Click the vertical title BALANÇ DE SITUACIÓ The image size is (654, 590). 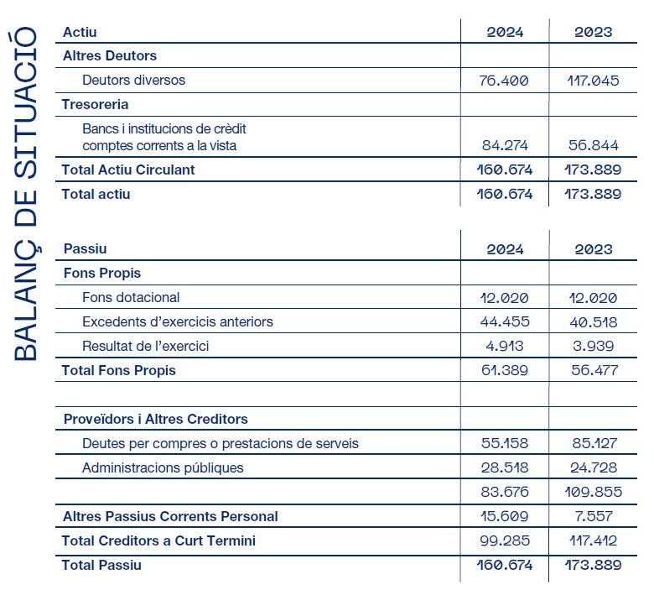[x=25, y=194]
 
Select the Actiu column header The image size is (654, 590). [x=80, y=32]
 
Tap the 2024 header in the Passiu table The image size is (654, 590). [x=505, y=249]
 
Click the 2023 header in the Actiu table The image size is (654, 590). [x=593, y=32]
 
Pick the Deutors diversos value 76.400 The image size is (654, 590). [x=504, y=81]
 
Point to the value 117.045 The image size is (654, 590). [x=593, y=81]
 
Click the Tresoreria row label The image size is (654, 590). [x=95, y=104]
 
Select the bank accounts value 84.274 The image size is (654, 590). [x=505, y=145]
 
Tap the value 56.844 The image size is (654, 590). [x=593, y=145]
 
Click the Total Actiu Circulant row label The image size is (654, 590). [x=128, y=170]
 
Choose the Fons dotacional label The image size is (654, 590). [x=131, y=297]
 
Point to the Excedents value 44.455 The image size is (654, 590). [x=505, y=321]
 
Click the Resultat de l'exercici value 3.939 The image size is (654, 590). [x=593, y=346]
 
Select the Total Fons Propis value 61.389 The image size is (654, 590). [x=505, y=370]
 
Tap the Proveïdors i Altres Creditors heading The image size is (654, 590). [x=156, y=419]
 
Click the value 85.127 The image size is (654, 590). [x=594, y=443]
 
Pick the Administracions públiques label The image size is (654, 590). [x=163, y=467]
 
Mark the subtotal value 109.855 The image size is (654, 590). [x=593, y=492]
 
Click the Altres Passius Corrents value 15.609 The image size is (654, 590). [x=505, y=516]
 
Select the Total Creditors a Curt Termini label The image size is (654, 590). [x=158, y=540]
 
